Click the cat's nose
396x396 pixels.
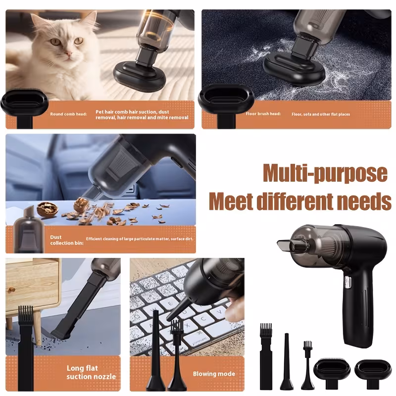68,53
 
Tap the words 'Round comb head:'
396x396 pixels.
68,114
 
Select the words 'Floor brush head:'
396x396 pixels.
263,114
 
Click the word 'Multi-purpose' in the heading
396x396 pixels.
325,173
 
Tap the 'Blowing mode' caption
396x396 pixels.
214,374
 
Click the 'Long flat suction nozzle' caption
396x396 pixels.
91,372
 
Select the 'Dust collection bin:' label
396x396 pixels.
67,240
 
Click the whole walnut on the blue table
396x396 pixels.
47,208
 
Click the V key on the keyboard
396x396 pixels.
219,312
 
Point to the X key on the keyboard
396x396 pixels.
187,325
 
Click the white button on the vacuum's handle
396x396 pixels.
347,283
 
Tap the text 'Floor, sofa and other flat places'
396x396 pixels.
321,114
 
